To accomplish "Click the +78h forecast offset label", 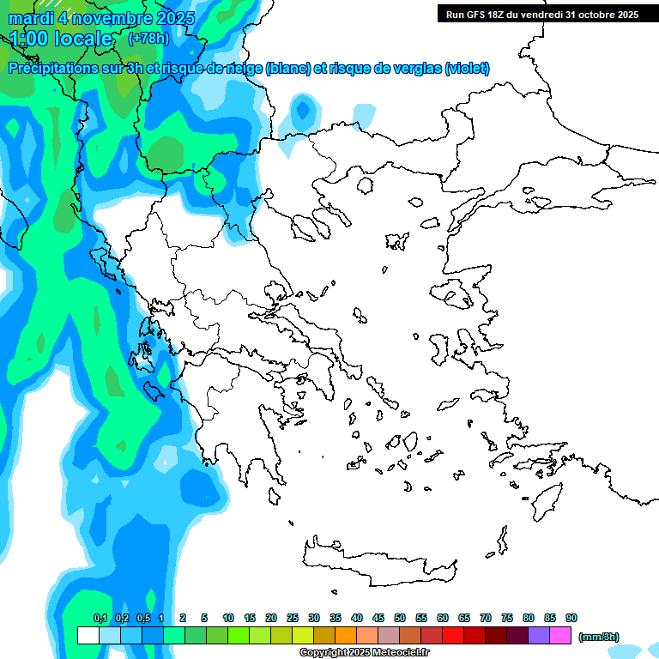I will pos(148,38).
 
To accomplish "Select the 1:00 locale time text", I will pos(62,39).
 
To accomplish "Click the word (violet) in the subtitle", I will pos(467,69).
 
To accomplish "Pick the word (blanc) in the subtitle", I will pos(287,69).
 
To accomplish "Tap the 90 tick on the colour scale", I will pos(571,618).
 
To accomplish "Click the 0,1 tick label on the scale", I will pos(100,618).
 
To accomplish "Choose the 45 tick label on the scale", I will pos(378,618).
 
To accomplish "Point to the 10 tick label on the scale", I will pos(228,618).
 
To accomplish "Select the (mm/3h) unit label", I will pos(598,637).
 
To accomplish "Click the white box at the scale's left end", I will pos(88,635).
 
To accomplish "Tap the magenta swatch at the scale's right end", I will pos(560,635).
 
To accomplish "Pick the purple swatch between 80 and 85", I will pos(539,635).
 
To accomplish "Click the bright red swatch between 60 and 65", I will pos(453,635).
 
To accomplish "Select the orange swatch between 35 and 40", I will pos(346,635).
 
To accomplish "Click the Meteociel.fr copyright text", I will pos(364,653).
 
